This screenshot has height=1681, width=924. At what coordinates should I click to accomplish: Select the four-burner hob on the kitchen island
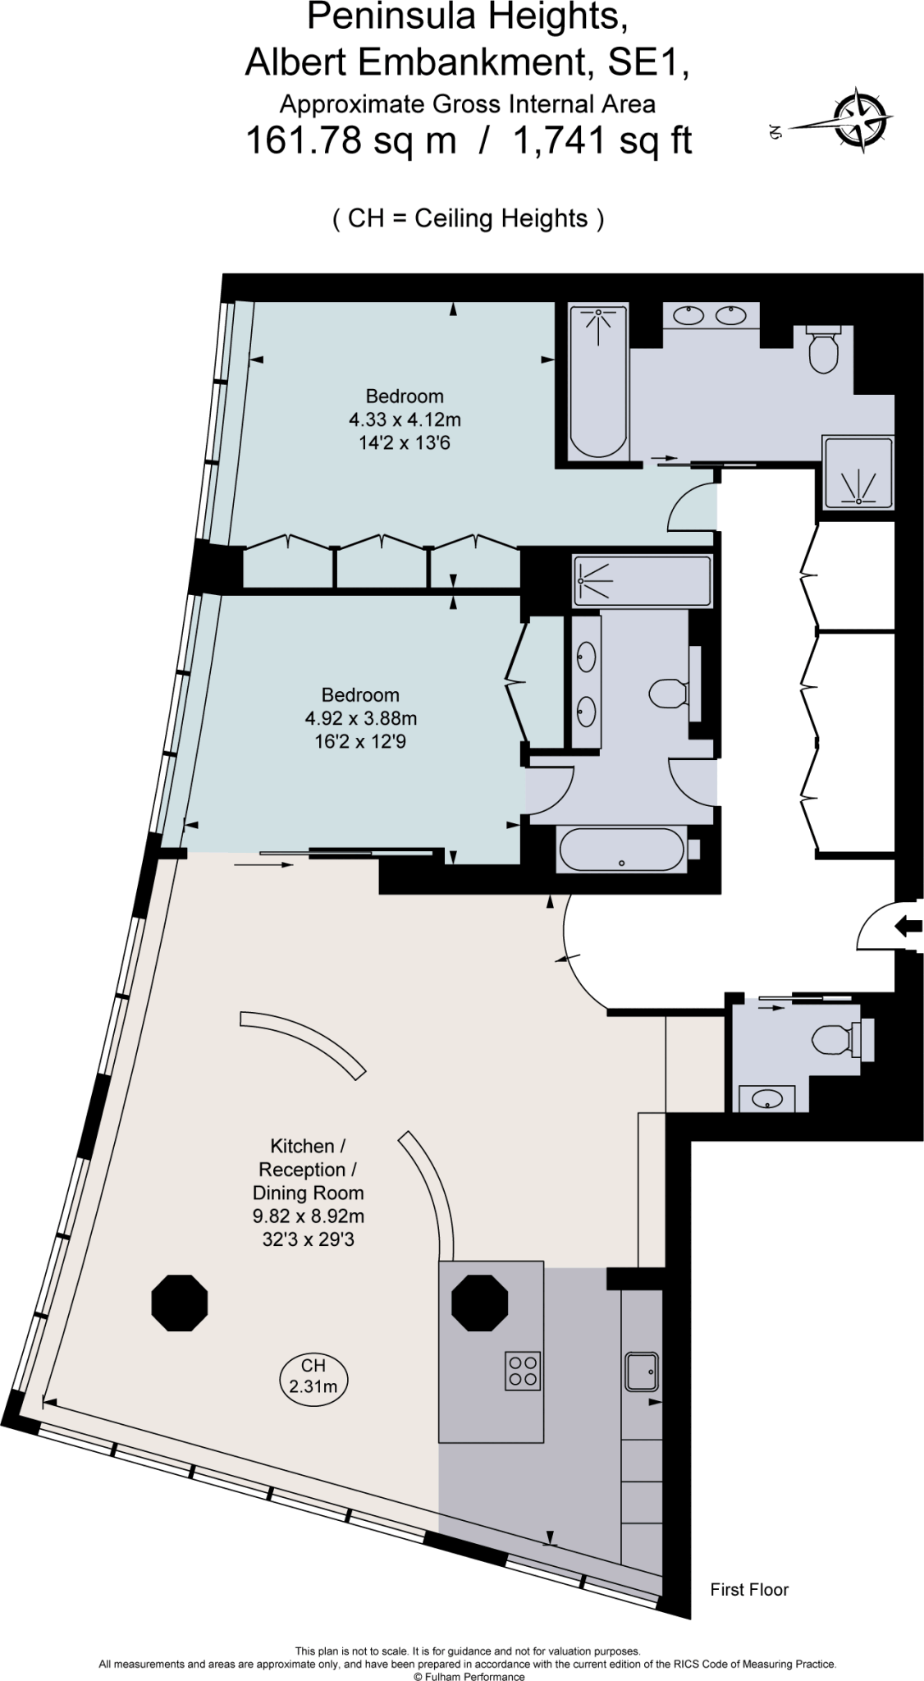(x=523, y=1370)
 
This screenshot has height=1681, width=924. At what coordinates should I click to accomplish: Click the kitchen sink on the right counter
(x=642, y=1371)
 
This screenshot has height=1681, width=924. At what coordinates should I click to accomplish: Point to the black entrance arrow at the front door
(x=908, y=927)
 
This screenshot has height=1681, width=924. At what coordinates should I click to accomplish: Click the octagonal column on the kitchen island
(x=480, y=1303)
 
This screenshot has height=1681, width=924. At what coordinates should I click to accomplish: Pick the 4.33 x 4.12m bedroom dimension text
(x=405, y=420)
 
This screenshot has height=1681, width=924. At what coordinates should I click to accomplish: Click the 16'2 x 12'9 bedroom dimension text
(x=360, y=742)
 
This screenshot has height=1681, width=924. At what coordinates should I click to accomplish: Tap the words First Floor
(x=748, y=1590)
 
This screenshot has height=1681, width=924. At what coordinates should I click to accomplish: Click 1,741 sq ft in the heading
(x=602, y=141)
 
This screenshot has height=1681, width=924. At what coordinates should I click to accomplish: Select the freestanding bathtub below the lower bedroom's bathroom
(x=621, y=850)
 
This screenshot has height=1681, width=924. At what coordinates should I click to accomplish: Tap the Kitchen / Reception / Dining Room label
(x=308, y=1169)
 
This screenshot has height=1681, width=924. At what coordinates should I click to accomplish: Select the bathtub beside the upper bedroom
(x=599, y=382)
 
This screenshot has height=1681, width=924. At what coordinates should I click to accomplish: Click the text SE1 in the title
(x=647, y=64)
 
